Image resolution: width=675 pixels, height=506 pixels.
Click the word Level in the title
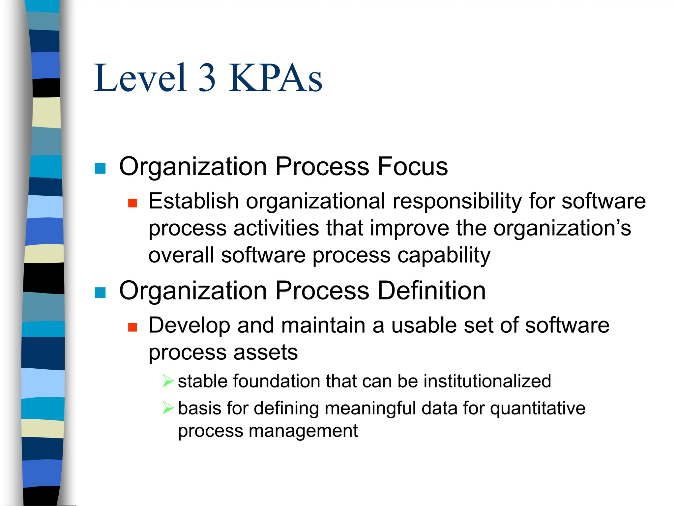pyautogui.click(x=140, y=78)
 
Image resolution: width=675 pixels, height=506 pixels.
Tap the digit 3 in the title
pyautogui.click(x=207, y=78)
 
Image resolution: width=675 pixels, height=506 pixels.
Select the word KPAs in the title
pyautogui.click(x=276, y=78)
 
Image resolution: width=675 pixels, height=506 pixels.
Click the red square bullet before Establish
pyautogui.click(x=132, y=203)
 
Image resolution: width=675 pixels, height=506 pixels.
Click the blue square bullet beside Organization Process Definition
pyautogui.click(x=100, y=292)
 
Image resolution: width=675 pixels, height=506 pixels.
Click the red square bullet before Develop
pyautogui.click(x=132, y=327)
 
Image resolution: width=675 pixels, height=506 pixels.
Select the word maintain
pyautogui.click(x=323, y=325)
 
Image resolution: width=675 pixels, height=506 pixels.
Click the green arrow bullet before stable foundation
pyautogui.click(x=168, y=381)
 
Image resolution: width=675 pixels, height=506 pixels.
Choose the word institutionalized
pyautogui.click(x=487, y=381)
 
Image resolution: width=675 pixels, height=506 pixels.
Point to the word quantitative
pyautogui.click(x=537, y=409)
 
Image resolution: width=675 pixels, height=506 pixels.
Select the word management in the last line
pyautogui.click(x=303, y=431)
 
